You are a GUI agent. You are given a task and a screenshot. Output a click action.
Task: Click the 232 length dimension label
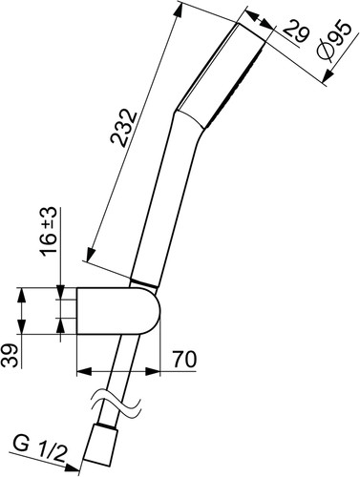pyautogui.click(x=123, y=128)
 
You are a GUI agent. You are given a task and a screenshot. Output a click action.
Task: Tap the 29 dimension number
pyautogui.click(x=296, y=31)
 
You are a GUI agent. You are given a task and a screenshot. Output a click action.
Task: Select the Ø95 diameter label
pyautogui.click(x=334, y=40)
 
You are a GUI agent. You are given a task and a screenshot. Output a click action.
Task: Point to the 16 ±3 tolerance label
pyautogui.click(x=49, y=231)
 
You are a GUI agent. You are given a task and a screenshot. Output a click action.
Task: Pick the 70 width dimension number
pyautogui.click(x=184, y=360)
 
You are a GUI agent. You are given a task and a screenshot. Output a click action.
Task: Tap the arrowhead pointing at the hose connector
pyautogui.click(x=72, y=467)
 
